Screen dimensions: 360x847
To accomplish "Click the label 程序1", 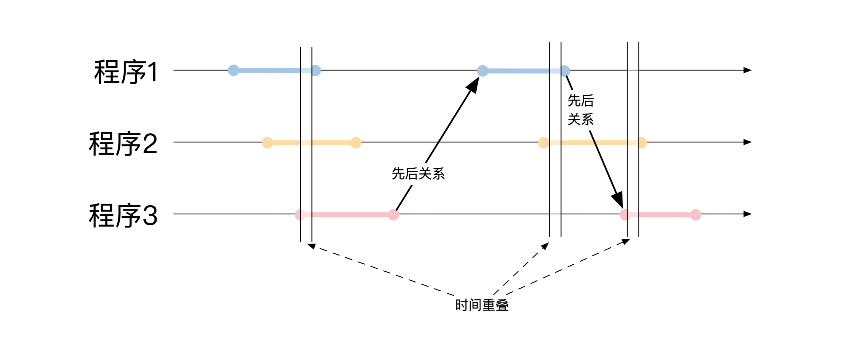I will [126, 72].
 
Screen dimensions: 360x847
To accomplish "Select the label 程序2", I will [123, 143].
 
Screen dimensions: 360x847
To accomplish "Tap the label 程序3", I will [123, 215].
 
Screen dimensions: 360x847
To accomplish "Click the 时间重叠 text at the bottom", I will [482, 305].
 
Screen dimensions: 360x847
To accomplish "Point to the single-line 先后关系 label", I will [418, 174].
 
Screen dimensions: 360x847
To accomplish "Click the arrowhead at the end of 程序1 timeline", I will [747, 70].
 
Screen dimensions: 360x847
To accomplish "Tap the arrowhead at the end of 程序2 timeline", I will [747, 142].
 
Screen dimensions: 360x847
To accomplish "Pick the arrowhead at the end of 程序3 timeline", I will [747, 214].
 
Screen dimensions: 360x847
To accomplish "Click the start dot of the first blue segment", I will [234, 70].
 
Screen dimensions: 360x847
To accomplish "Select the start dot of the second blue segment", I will [483, 71].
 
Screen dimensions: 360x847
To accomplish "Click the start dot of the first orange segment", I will [267, 142].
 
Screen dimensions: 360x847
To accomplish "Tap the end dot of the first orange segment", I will [356, 142].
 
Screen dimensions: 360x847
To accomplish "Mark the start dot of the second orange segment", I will [544, 142].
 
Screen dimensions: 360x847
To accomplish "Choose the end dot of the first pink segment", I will [394, 215].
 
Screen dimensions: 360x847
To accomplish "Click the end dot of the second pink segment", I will [696, 215].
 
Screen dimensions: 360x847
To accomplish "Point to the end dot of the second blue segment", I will [565, 71].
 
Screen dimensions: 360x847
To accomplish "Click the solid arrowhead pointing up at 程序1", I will [474, 86].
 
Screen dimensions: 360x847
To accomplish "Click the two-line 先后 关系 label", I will [580, 110].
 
